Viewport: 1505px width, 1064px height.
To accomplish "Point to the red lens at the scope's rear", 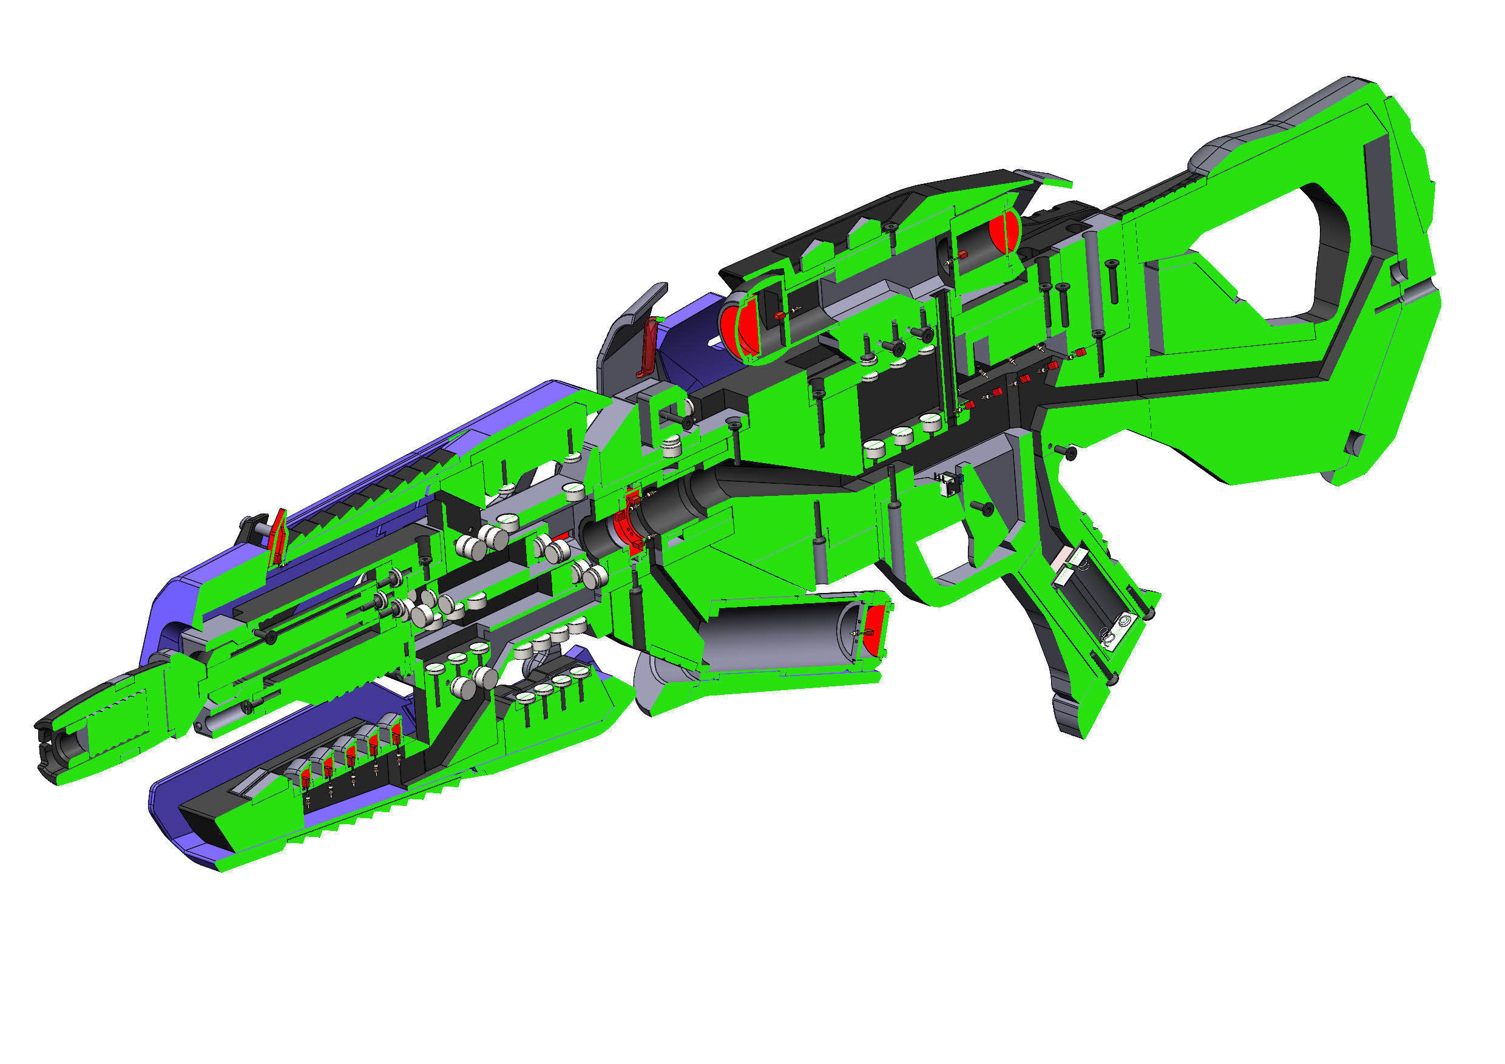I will [1001, 231].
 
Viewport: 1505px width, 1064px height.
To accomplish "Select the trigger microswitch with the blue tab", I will [949, 484].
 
